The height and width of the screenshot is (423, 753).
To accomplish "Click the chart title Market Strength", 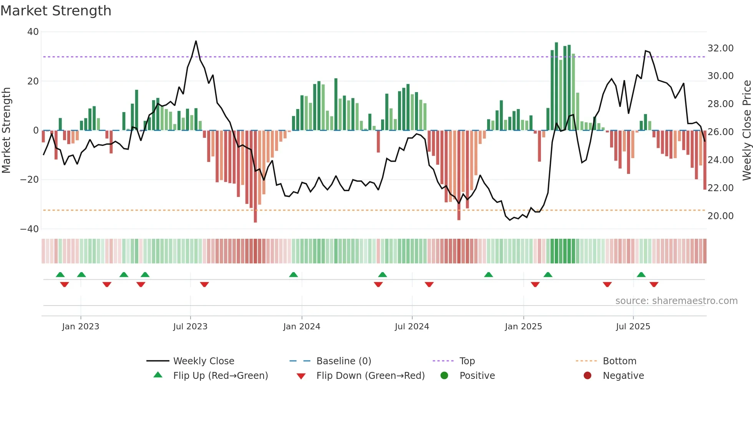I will tap(56, 11).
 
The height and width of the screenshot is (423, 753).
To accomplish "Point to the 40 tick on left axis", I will tap(33, 32).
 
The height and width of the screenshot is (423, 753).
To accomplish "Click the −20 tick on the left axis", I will tap(30, 180).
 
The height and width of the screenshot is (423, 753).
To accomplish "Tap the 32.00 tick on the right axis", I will tap(720, 48).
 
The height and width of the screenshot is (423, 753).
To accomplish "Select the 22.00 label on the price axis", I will tap(720, 188).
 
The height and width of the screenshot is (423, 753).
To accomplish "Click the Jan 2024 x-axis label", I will tap(302, 327).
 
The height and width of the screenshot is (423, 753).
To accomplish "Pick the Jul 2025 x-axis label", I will tap(633, 327).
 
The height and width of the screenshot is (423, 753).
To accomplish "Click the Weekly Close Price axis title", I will tap(746, 131).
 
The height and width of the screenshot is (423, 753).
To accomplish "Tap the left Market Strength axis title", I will tap(7, 131).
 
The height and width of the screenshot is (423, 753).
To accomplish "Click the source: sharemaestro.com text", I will tap(676, 301).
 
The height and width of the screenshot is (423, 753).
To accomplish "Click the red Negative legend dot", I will tap(587, 376).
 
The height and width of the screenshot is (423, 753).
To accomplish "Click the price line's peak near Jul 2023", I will tap(196, 41).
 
